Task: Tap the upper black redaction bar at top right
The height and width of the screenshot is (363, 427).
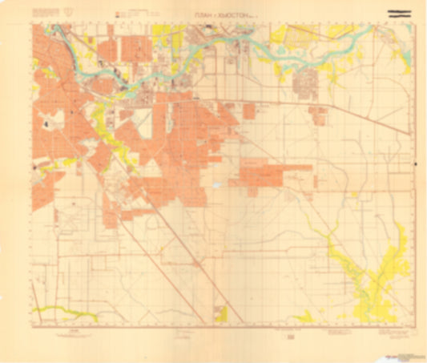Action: click(401, 10)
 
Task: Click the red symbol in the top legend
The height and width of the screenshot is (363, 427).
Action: click(117, 14)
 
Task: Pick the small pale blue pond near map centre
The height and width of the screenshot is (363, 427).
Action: click(216, 186)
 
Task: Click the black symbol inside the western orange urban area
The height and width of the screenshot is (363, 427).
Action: click(48, 124)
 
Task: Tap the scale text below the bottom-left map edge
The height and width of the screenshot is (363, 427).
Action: click(74, 329)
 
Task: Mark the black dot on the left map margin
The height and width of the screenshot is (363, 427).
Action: click(34, 167)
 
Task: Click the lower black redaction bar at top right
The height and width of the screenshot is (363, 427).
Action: click(401, 17)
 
